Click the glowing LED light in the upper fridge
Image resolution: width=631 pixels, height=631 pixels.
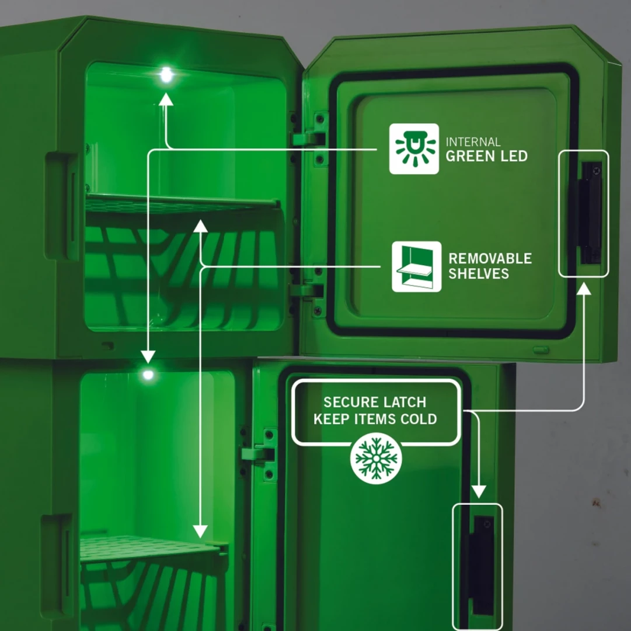(166, 75)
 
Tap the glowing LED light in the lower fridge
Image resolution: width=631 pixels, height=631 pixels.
(148, 375)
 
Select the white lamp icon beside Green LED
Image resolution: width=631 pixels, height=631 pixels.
(414, 148)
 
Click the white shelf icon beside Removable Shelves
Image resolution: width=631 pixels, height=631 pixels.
(417, 266)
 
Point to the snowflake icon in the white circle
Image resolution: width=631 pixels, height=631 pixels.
(376, 458)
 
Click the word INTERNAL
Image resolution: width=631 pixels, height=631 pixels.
(473, 142)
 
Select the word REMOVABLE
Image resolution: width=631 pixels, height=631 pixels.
(490, 258)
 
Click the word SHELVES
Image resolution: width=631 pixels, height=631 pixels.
(479, 274)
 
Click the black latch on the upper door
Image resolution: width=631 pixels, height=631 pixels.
(590, 213)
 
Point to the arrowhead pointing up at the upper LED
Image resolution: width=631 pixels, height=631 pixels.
(166, 99)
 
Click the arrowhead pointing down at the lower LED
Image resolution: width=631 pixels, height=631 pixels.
(148, 356)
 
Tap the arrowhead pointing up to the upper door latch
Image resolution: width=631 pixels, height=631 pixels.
(584, 288)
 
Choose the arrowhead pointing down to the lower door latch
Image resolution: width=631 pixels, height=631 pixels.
(479, 492)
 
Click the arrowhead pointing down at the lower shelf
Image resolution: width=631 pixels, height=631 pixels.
(200, 532)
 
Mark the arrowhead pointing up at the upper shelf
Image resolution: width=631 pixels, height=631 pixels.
(200, 226)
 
